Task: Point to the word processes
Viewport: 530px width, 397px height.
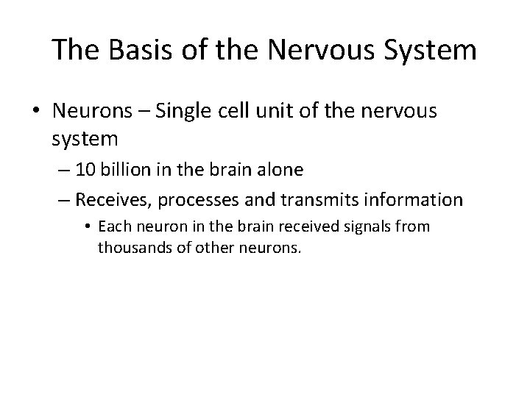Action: click(208, 199)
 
